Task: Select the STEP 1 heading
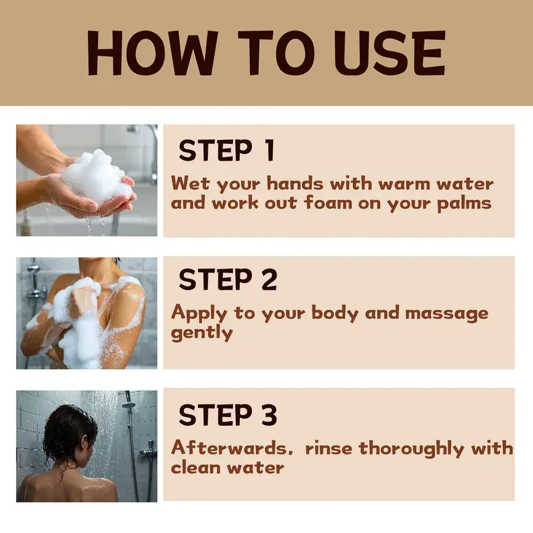[227, 151]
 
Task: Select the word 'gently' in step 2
[202, 333]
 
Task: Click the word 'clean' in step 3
[195, 467]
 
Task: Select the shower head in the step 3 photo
[129, 404]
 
